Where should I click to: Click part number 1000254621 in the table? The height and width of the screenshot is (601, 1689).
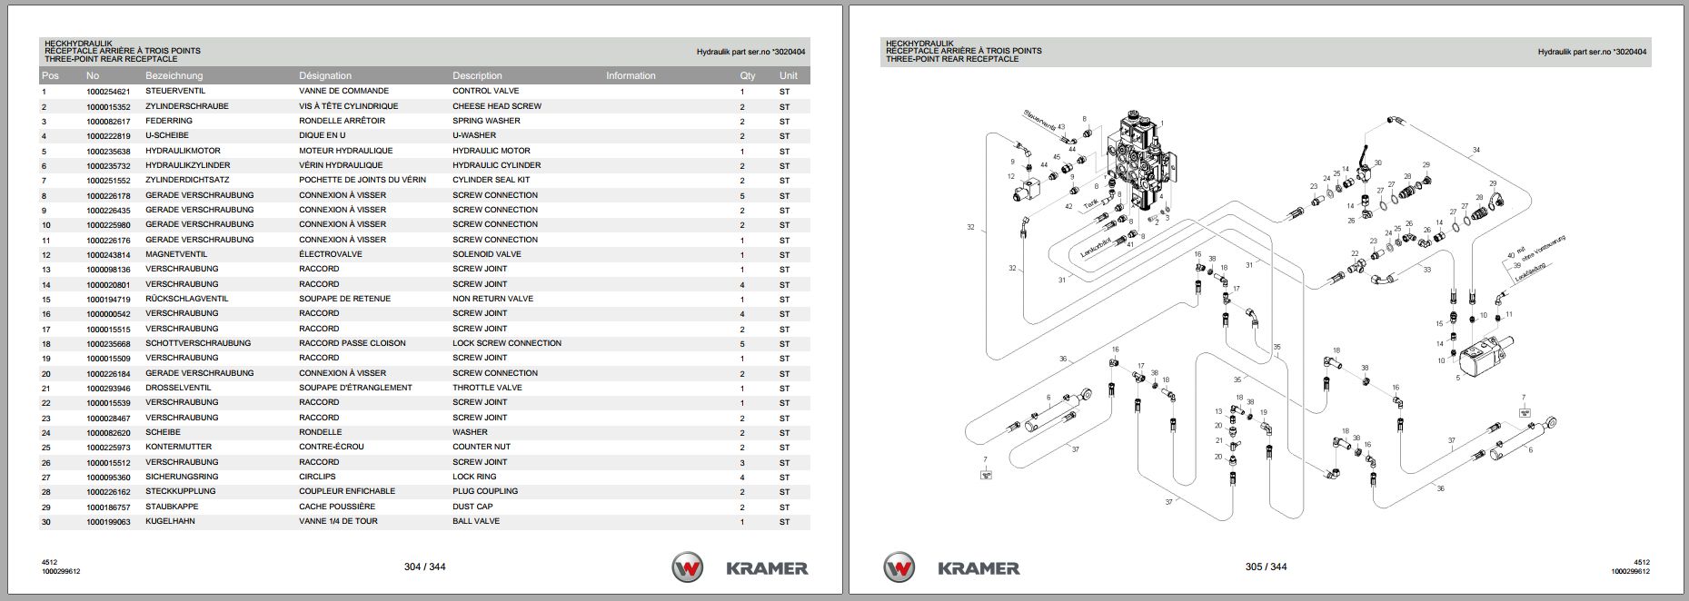click(x=108, y=92)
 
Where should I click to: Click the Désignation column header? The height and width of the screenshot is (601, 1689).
click(x=324, y=75)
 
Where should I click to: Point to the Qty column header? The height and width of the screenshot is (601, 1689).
click(x=747, y=75)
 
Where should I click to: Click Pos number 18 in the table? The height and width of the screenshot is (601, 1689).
click(x=45, y=343)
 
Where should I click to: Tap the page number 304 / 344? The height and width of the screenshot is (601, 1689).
click(x=424, y=567)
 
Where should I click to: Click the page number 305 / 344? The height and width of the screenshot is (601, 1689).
click(x=1266, y=567)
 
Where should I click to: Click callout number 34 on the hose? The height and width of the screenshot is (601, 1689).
click(x=1476, y=150)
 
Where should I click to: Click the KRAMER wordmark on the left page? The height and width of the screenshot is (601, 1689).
click(x=766, y=568)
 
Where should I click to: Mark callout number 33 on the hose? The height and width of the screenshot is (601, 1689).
click(x=1427, y=270)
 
